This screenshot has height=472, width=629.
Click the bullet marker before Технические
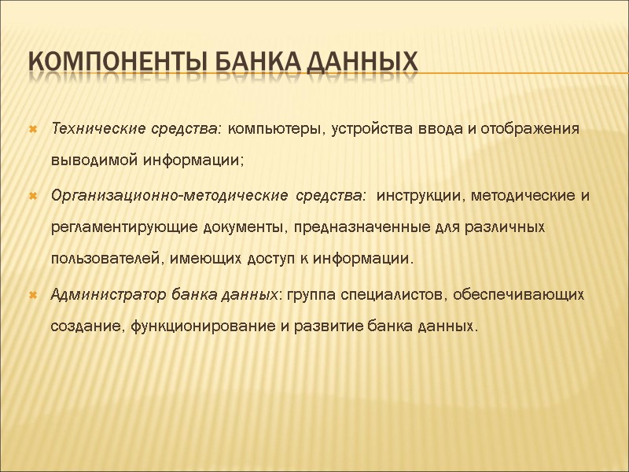32,129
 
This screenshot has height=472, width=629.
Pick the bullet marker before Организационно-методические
32,195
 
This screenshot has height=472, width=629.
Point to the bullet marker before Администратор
32,295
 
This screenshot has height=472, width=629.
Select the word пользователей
96,260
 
